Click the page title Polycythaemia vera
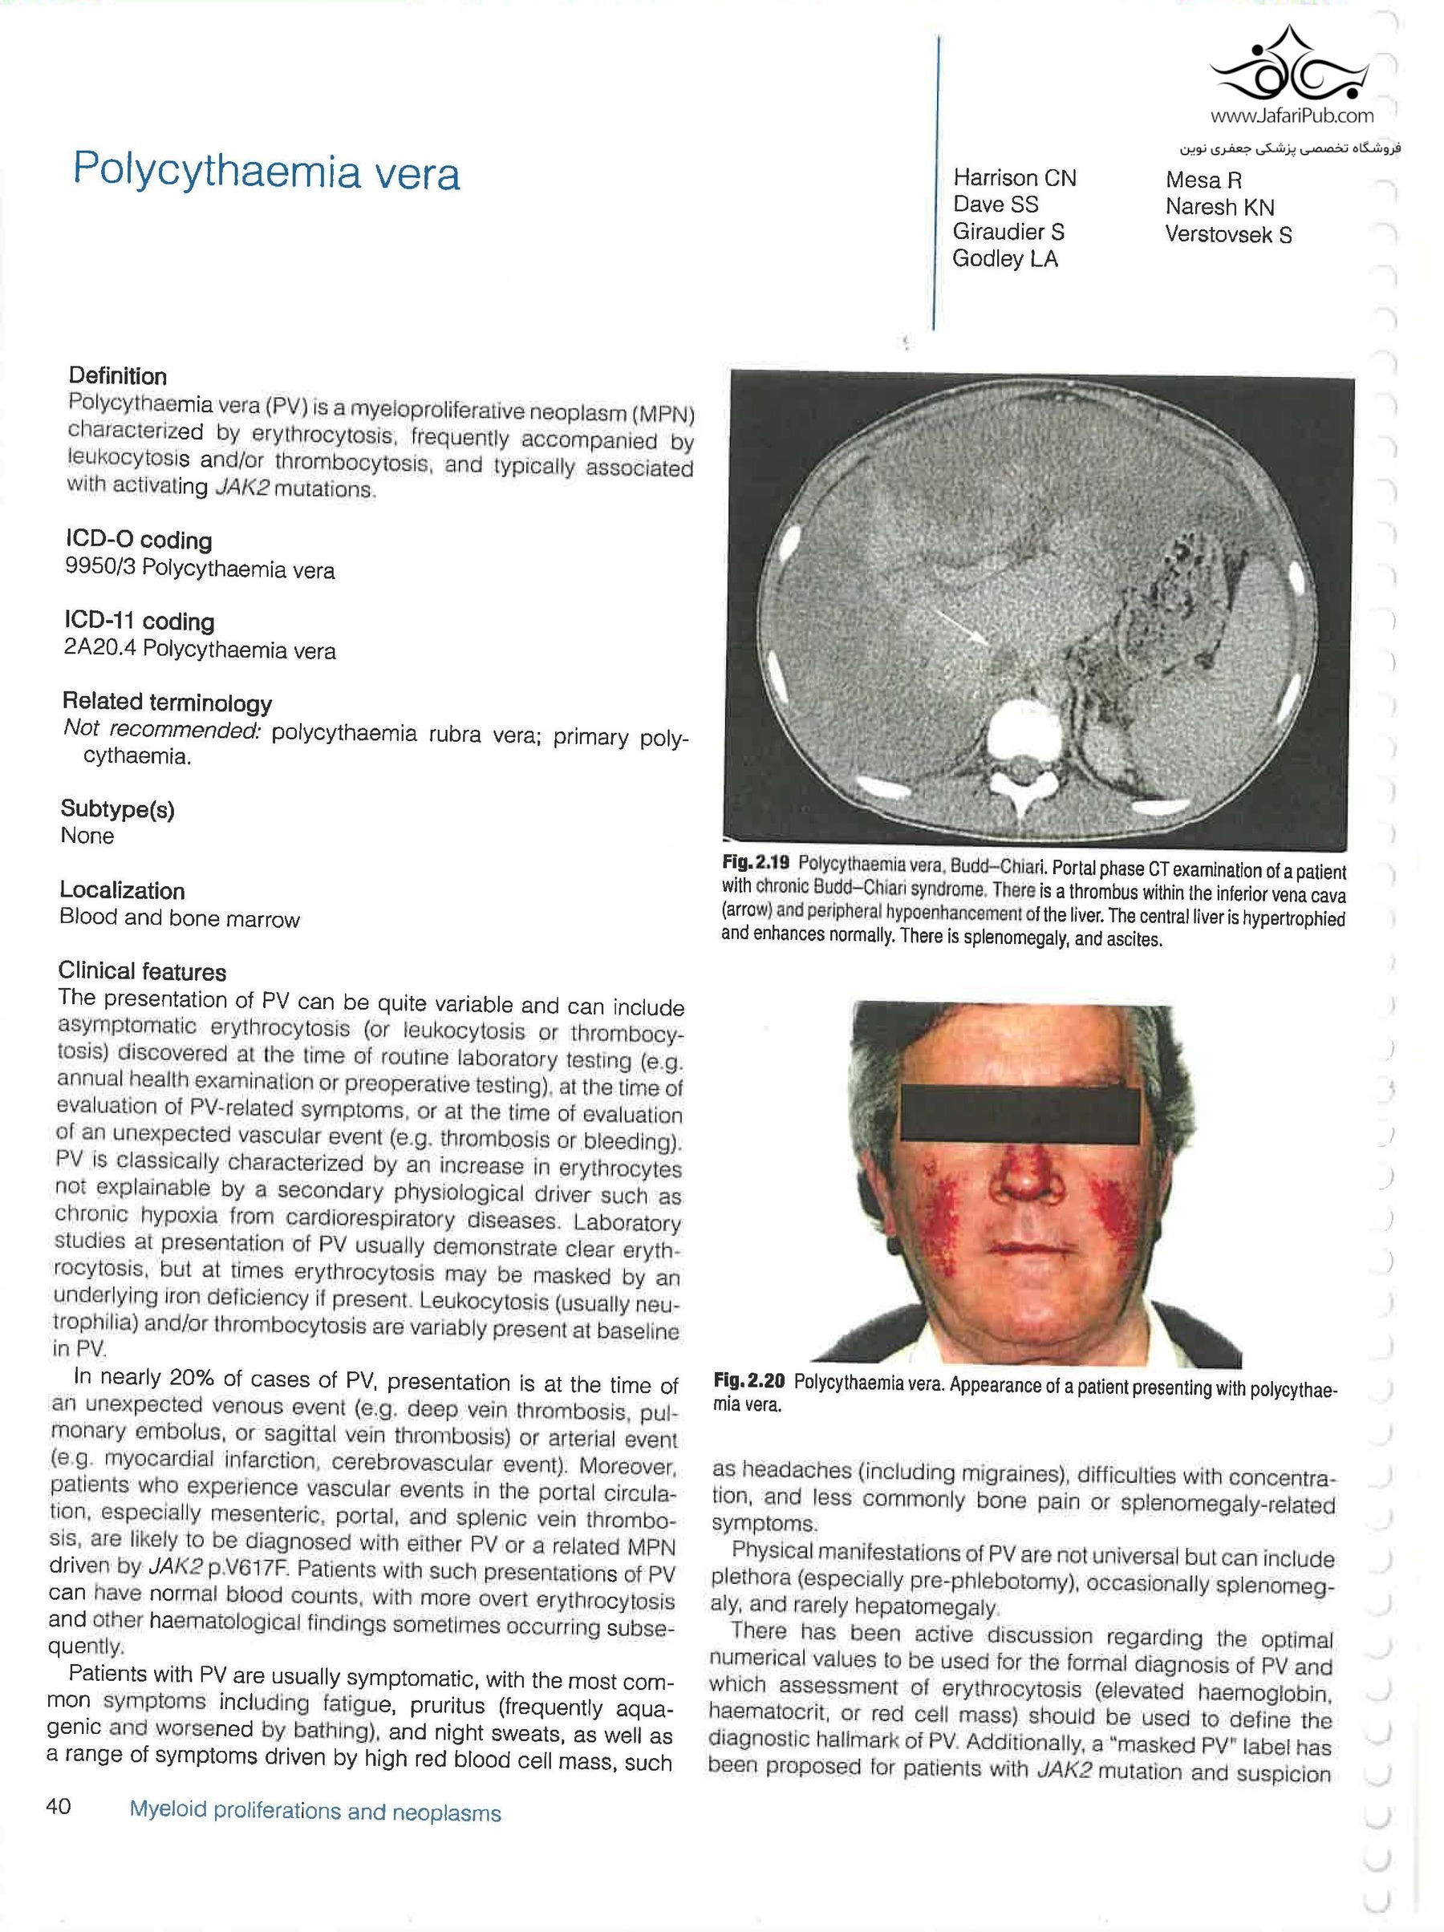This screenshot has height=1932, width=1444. (266, 171)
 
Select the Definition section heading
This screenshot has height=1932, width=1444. (118, 376)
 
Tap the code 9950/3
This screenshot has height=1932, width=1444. (99, 568)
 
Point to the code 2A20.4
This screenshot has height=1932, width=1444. (99, 649)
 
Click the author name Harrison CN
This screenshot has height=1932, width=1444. (1014, 178)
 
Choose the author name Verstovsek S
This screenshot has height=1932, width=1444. (1227, 235)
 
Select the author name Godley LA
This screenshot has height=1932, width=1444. (1004, 258)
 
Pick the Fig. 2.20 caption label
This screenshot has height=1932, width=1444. (748, 1381)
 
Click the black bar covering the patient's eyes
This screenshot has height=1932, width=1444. (1019, 1112)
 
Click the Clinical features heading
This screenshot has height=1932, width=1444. (142, 971)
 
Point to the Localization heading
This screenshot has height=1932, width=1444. (122, 891)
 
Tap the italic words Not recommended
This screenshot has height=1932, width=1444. (161, 729)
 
